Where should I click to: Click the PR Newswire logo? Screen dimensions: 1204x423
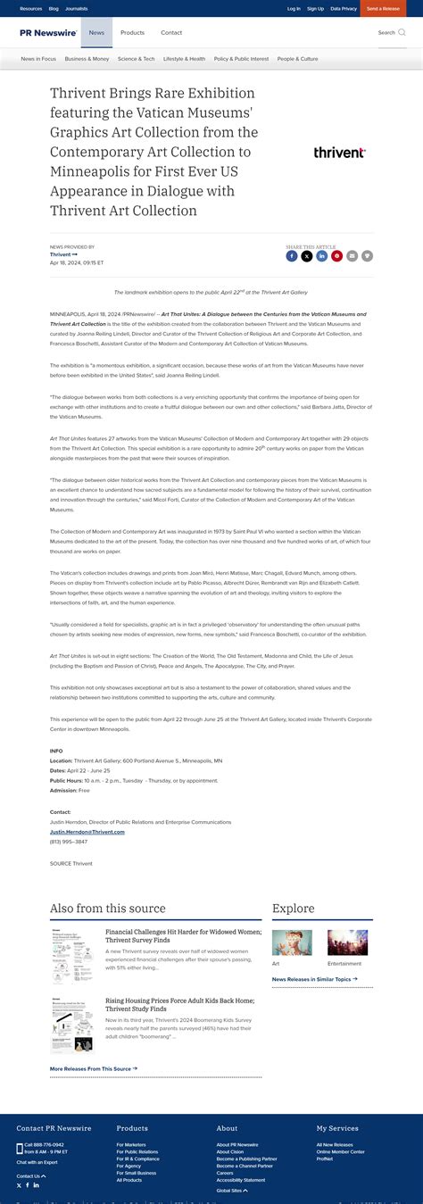point(50,33)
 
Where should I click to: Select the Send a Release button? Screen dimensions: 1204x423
point(383,9)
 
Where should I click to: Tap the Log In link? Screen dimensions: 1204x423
point(294,9)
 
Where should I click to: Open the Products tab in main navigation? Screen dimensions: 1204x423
point(132,33)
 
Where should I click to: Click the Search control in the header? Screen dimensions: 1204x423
point(390,33)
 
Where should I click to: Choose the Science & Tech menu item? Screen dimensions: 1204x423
point(136,59)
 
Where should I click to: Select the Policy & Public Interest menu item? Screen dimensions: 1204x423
point(241,59)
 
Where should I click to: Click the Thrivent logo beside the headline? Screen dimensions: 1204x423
point(339,153)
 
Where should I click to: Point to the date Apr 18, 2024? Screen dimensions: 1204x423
point(77,263)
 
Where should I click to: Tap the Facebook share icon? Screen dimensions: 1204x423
point(292,256)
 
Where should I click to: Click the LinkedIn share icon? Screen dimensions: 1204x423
point(322,256)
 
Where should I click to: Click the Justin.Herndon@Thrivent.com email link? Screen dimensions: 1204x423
point(87,832)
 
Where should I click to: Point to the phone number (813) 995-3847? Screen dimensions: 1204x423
point(69,842)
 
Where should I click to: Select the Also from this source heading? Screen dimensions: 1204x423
point(107,909)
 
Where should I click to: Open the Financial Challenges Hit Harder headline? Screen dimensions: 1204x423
point(183,935)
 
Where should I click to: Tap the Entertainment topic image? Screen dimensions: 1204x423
point(347,942)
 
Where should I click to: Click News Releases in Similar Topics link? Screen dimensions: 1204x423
point(314,979)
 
